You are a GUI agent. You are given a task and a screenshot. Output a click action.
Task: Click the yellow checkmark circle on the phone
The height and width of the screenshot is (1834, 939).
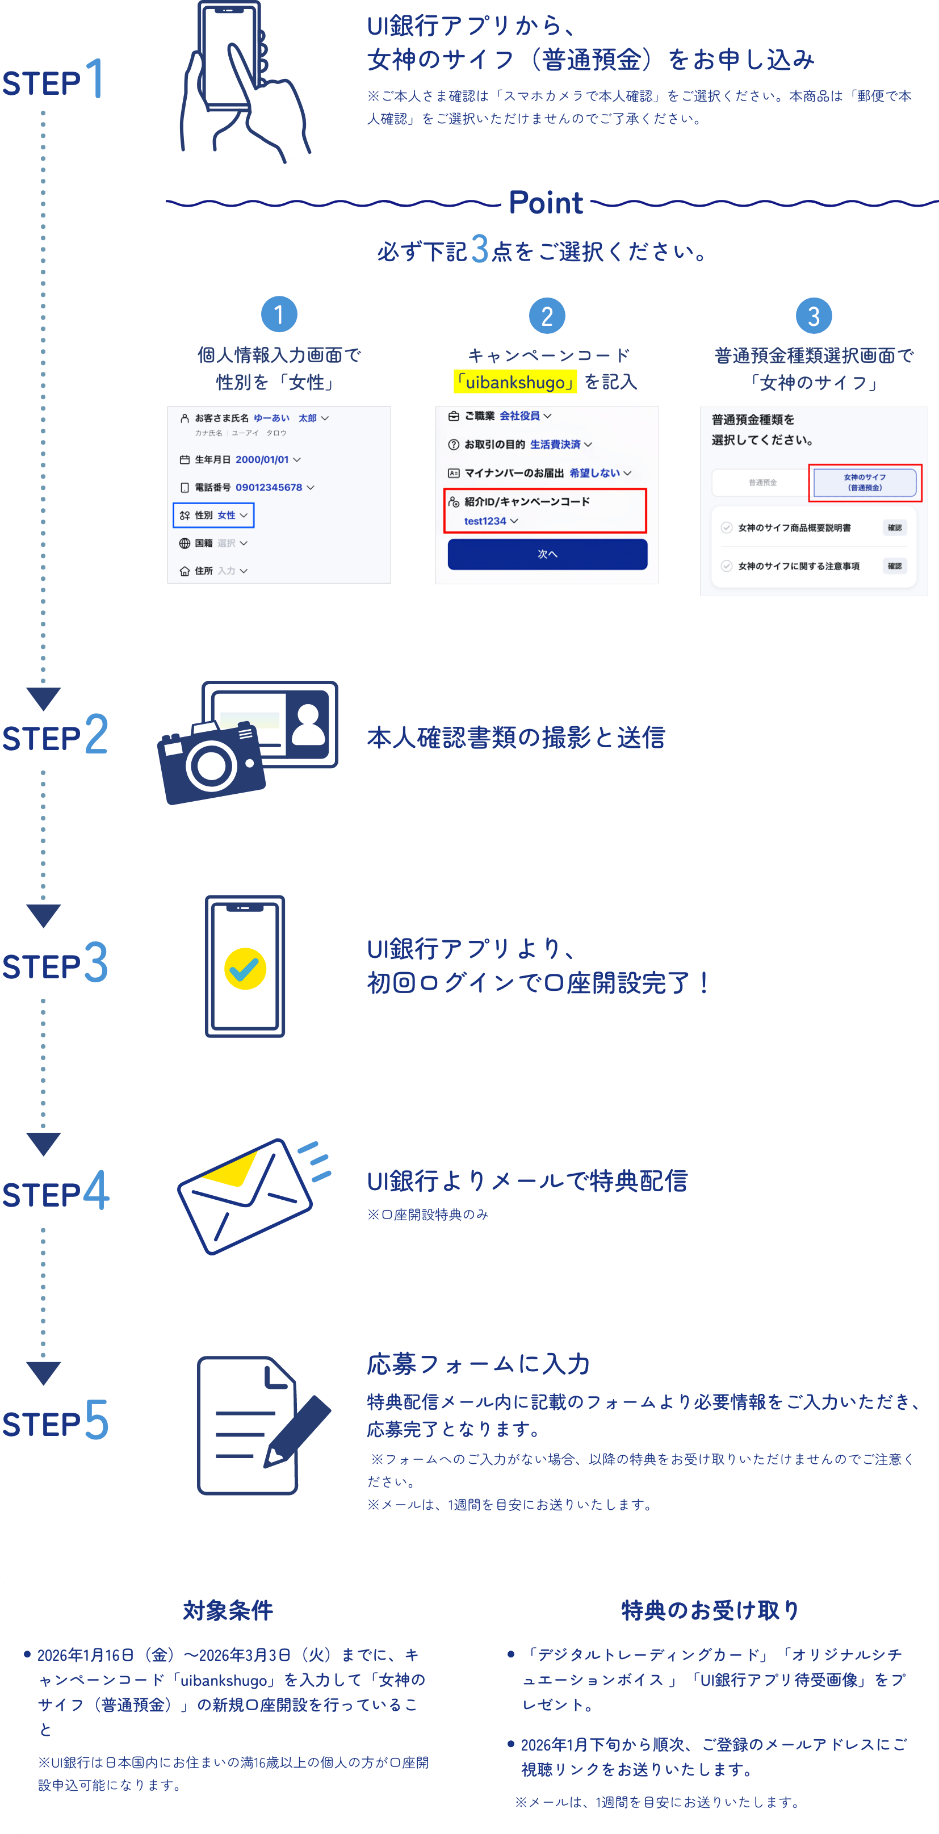(x=245, y=968)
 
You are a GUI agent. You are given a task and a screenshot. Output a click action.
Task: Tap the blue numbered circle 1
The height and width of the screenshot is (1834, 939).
(x=278, y=314)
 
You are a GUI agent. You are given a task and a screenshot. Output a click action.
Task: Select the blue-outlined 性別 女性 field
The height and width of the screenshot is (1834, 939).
(x=213, y=515)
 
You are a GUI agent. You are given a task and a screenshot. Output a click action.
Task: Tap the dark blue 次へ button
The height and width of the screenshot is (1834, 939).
(x=547, y=554)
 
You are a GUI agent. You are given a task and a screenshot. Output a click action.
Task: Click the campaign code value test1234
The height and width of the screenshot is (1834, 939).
(x=485, y=521)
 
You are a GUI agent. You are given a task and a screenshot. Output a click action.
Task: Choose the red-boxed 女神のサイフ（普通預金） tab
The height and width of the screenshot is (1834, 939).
(x=865, y=483)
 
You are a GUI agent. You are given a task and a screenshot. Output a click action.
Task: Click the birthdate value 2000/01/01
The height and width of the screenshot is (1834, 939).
(x=262, y=460)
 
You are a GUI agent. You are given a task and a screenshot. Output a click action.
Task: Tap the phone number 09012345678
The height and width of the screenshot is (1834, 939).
(x=269, y=488)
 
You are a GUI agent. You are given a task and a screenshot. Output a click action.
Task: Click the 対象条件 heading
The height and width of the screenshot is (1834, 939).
(x=228, y=1610)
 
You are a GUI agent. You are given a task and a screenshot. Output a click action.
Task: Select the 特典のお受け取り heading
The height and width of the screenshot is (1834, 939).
(x=710, y=1610)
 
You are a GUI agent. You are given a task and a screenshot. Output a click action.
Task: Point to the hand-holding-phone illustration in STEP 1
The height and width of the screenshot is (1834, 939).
(x=242, y=82)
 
